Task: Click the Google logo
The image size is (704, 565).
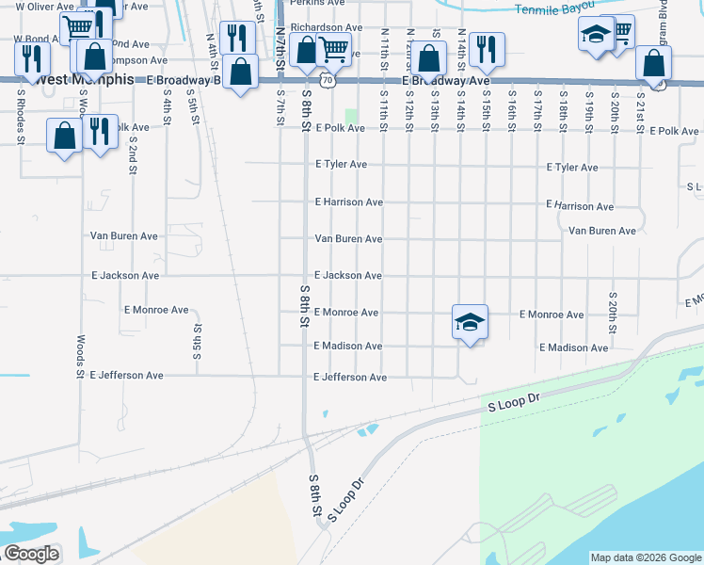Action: [30, 554]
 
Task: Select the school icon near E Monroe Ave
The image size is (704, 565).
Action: [470, 323]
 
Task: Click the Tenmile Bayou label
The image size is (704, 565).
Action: [555, 8]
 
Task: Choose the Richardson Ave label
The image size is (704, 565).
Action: [326, 28]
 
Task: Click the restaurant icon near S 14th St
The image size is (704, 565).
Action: [486, 48]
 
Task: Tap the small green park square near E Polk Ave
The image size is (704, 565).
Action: [352, 117]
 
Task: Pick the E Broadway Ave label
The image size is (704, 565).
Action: [446, 82]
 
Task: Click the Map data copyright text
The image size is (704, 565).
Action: [645, 557]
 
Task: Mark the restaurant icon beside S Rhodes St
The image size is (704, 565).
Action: [32, 59]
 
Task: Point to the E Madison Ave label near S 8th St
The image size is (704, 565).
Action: [348, 346]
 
